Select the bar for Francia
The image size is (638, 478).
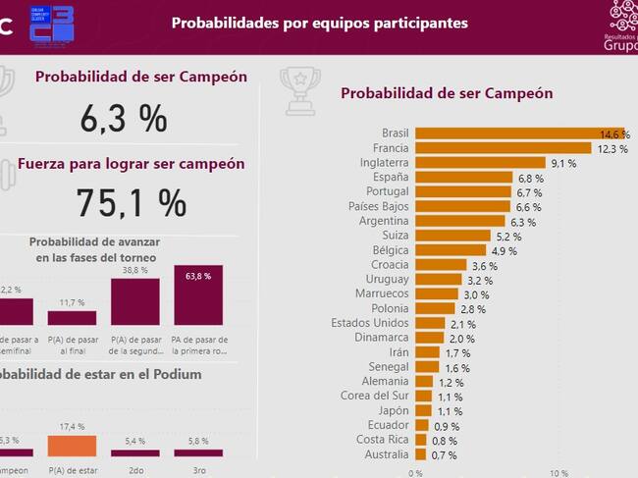coord(503,148)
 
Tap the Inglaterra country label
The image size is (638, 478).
coord(385,163)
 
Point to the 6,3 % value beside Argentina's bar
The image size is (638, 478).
coord(524,223)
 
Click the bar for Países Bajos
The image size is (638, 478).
coord(463,208)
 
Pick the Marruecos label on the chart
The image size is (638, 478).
coord(382,293)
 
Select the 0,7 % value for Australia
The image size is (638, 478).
coord(444,455)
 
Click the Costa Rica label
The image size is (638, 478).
coord(385,440)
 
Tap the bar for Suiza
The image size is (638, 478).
coord(453,237)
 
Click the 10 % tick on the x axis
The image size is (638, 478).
coord(558,471)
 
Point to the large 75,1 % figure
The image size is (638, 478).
coord(132,203)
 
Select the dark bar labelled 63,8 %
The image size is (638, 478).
coord(197,295)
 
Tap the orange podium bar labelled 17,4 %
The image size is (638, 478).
coord(73,446)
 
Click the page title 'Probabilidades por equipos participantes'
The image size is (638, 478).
coord(320,22)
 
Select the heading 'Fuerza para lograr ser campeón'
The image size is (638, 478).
coord(132,164)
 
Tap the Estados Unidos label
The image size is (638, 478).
coord(370,323)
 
